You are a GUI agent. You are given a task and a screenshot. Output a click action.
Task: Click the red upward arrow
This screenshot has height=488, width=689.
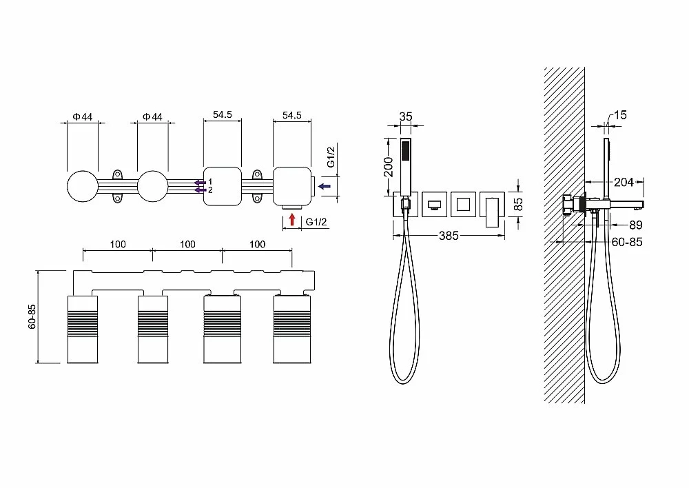292,219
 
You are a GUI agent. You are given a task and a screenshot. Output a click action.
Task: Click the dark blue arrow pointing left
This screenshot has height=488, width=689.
325,186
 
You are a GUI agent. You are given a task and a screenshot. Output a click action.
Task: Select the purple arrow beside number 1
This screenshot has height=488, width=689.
200,182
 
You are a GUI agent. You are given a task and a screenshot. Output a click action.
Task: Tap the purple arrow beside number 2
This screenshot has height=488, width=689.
200,190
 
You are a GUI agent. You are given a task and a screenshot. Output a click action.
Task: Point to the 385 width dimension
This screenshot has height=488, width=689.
449,236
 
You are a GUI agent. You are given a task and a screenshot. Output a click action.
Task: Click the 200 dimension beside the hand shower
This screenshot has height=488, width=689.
389,166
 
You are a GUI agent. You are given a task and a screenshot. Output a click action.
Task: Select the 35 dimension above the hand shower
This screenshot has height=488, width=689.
406,116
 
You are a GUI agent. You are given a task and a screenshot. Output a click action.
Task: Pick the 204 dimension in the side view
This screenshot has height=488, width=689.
624,181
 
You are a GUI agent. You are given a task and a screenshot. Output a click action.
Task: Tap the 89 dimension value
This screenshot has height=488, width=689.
636,225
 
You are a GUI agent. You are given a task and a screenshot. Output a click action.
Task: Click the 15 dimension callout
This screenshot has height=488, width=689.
620,115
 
